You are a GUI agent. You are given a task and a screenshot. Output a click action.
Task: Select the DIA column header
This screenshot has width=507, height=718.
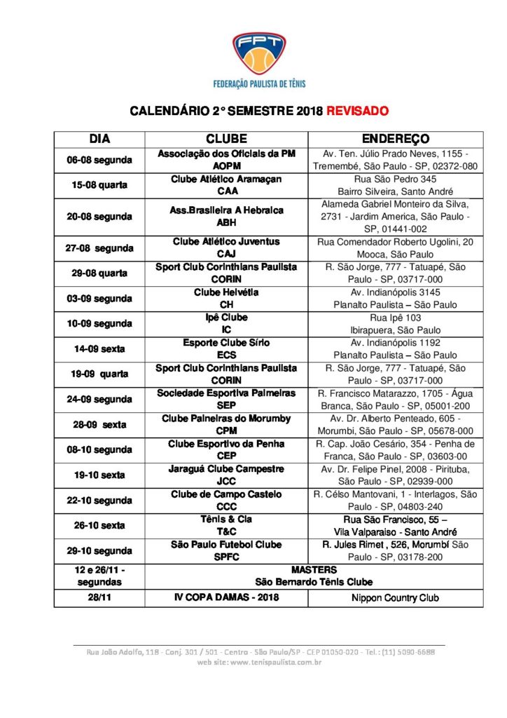99,139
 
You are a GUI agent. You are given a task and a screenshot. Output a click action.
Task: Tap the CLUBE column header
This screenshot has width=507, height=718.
226,139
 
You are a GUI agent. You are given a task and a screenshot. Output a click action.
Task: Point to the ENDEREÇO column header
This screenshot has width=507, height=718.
395,139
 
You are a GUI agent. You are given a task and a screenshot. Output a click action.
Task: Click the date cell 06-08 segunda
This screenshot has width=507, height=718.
99,159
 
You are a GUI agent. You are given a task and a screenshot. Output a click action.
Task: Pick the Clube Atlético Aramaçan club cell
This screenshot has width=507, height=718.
226,185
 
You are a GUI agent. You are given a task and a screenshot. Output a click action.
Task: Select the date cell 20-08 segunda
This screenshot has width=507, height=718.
99,217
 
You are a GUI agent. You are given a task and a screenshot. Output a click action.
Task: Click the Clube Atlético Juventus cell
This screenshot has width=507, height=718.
226,248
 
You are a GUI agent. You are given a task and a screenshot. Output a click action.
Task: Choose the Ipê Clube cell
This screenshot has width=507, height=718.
226,323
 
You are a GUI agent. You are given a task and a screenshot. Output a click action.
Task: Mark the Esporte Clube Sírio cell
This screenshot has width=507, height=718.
226,348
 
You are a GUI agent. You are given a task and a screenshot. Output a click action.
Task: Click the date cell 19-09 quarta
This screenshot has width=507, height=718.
99,374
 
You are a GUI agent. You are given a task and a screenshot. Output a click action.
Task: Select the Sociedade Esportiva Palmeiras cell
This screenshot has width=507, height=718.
226,399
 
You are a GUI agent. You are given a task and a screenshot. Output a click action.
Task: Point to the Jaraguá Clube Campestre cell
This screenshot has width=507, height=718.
226,475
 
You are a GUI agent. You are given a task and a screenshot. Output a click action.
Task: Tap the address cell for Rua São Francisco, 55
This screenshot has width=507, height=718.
395,525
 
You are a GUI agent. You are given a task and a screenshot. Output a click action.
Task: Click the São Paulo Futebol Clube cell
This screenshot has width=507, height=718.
226,550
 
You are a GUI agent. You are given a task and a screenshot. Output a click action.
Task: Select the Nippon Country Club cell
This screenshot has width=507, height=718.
395,597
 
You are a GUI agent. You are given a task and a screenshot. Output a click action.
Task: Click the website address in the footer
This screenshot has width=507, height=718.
259,661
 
